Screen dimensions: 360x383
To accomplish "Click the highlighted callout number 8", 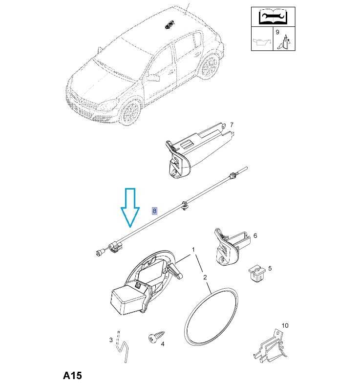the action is point(154,211).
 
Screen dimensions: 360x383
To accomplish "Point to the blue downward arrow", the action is point(130,207).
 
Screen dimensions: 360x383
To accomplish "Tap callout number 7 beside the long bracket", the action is point(232,125).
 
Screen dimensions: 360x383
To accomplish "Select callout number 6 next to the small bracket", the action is point(255,235).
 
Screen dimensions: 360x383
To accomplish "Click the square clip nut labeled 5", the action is point(257,273).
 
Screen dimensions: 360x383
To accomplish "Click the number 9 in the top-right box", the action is point(277,32).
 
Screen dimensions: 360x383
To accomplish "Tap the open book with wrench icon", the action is point(273,17).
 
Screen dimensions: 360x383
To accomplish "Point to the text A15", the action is point(72,375).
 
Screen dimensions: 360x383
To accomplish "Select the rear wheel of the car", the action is point(209,65).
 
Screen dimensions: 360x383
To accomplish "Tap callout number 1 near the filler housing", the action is point(193,250).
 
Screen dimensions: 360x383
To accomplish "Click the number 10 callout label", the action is point(285,325).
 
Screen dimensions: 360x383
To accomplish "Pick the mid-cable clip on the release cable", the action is point(185,206).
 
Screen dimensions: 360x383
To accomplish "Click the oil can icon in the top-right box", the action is point(262,42).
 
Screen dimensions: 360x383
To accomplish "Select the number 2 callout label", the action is point(205,277).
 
